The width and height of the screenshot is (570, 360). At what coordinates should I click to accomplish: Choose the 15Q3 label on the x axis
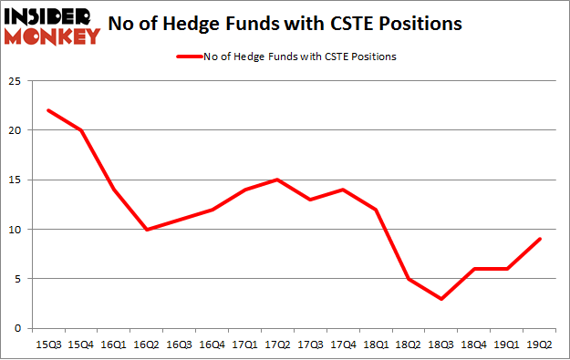48,344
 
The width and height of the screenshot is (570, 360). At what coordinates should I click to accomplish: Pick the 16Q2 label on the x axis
148,344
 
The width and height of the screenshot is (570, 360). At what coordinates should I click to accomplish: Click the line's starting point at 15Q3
48,110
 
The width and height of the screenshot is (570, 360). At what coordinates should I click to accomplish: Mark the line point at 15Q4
81,130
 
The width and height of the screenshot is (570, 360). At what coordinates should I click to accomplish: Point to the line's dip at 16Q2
148,229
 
